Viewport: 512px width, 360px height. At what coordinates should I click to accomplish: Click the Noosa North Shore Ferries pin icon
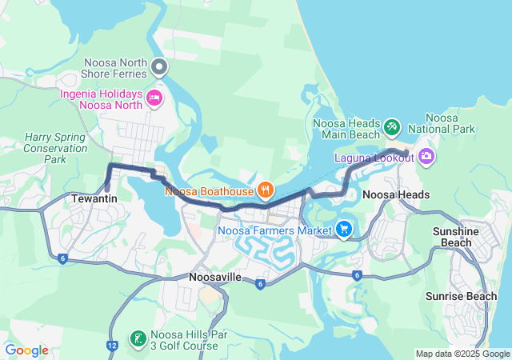click(x=159, y=66)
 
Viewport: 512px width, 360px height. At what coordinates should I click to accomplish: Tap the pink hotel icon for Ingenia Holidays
click(x=154, y=98)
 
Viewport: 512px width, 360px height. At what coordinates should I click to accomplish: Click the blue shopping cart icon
click(x=344, y=230)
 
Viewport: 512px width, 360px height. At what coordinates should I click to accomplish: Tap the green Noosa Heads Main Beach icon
click(x=391, y=126)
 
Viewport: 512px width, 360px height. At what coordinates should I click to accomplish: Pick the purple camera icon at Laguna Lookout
click(x=426, y=156)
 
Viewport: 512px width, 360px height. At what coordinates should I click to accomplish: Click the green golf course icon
click(x=137, y=338)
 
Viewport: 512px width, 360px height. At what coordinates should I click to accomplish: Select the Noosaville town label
click(x=216, y=277)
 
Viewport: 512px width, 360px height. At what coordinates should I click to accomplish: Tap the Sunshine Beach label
click(x=456, y=236)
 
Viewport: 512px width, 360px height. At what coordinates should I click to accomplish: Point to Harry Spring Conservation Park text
click(x=54, y=148)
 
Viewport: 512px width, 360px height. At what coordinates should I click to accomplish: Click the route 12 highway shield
click(x=110, y=345)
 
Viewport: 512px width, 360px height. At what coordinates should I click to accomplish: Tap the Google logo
click(x=26, y=350)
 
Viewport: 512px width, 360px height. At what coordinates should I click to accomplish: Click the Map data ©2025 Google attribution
click(x=462, y=354)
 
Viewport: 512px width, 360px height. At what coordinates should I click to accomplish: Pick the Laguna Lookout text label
click(x=374, y=158)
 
